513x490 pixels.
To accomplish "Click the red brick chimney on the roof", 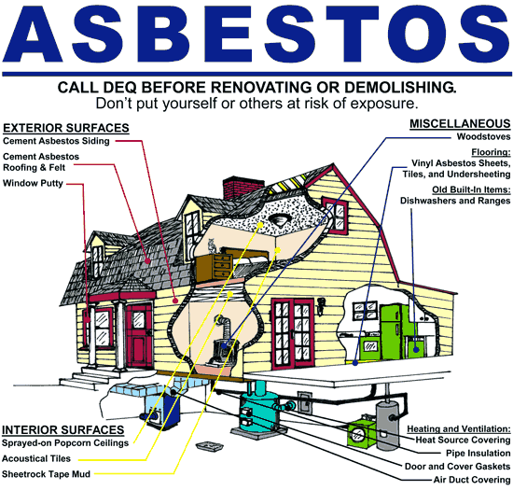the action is click(x=243, y=188).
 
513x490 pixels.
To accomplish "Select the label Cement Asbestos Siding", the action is click(x=56, y=141).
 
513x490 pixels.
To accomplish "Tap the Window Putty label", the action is click(x=33, y=183).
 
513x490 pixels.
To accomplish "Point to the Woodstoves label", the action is click(x=483, y=136).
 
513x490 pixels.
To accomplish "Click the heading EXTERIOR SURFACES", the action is click(x=66, y=128).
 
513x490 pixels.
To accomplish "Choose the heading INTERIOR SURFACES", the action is click(x=63, y=429).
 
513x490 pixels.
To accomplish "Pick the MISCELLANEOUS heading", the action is click(x=460, y=124).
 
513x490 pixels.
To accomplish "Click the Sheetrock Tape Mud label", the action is click(x=46, y=474).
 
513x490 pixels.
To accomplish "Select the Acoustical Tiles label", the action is click(x=36, y=458).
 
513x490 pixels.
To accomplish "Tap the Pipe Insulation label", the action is click(x=478, y=453).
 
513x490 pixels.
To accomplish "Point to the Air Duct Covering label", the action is click(x=472, y=480).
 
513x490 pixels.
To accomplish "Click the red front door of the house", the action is click(x=139, y=334).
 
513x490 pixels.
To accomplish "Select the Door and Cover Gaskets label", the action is click(x=457, y=466).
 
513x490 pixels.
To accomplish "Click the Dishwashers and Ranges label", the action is click(x=455, y=201).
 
